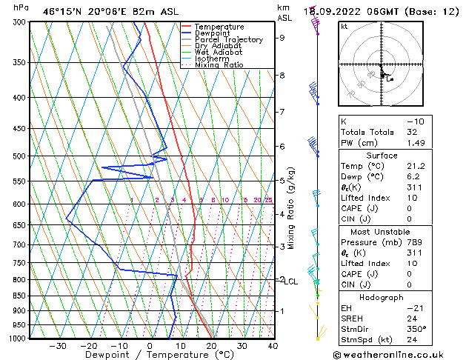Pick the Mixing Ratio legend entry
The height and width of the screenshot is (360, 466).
[x=219, y=65]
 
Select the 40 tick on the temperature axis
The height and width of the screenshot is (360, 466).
[x=273, y=346]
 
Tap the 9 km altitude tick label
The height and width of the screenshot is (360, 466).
[x=282, y=38]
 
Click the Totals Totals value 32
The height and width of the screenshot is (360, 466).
[x=412, y=132]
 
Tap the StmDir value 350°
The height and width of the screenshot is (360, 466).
[x=416, y=329]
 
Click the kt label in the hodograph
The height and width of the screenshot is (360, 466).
[x=344, y=26]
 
